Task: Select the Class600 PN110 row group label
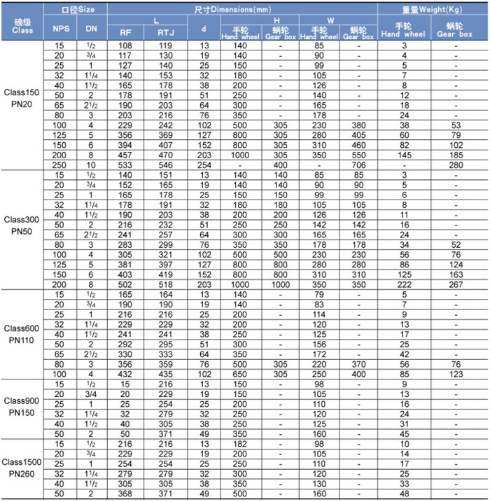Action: [22, 334]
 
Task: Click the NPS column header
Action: [61, 29]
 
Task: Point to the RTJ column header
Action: [166, 32]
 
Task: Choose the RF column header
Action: [125, 32]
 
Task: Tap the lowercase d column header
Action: [204, 29]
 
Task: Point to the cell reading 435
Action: [166, 374]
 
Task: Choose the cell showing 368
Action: [125, 494]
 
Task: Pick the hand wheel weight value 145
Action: [404, 153]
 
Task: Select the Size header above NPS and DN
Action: [76, 9]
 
